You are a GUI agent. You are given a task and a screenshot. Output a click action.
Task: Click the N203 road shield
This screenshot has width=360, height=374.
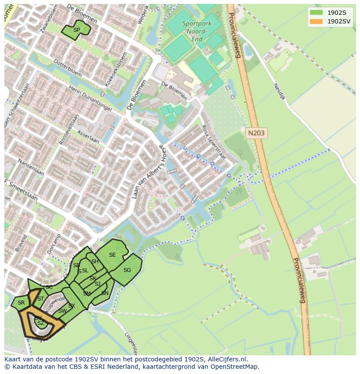(x=257, y=133)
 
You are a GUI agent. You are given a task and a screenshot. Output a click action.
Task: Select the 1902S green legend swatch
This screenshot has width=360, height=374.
(x=316, y=12)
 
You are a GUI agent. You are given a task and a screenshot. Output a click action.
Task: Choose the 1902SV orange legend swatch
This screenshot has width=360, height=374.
(x=316, y=21)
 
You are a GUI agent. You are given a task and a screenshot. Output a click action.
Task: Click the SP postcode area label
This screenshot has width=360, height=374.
(x=77, y=30)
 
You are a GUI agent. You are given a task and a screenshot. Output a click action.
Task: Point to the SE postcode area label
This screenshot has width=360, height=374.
(x=112, y=255)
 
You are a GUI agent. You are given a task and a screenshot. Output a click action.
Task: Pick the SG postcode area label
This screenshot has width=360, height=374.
(x=127, y=270)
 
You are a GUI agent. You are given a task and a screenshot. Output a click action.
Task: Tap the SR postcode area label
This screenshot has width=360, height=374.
(x=21, y=303)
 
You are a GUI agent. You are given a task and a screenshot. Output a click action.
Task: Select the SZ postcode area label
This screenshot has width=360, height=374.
(x=40, y=323)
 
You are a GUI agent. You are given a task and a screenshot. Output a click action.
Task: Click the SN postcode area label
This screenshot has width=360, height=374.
(x=105, y=293)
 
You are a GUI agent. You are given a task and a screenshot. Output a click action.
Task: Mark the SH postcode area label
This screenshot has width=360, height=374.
(x=95, y=261)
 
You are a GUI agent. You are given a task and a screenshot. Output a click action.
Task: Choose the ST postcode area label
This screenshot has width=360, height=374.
(x=40, y=299)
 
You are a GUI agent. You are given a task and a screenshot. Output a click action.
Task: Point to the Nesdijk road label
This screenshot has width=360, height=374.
(x=280, y=92)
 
